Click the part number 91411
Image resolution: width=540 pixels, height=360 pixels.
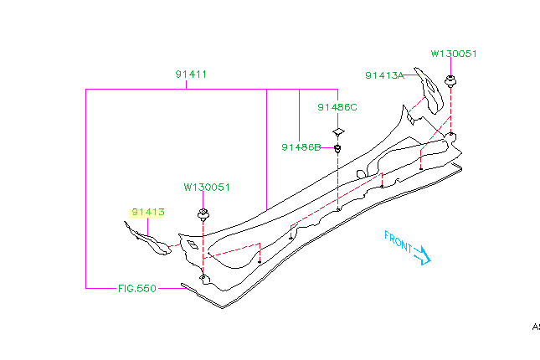click(191, 74)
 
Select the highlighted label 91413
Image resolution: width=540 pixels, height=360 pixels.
click(147, 213)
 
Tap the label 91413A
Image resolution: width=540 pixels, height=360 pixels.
click(384, 75)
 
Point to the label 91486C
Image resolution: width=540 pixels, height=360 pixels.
click(337, 107)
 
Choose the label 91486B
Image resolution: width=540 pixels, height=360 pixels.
click(301, 147)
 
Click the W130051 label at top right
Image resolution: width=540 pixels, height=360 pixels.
click(454, 53)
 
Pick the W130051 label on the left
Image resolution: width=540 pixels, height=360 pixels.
click(207, 188)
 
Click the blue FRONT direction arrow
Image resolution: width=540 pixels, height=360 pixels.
click(422, 254)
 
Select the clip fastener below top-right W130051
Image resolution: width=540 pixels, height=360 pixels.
click(451, 82)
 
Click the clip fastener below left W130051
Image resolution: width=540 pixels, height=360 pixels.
click(203, 213)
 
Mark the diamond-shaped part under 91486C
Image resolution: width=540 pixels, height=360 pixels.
click(337, 131)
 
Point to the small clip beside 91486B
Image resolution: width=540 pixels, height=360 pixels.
click(337, 149)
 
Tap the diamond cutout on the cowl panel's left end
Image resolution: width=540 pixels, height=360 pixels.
click(193, 244)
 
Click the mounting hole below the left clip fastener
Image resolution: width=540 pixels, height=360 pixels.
click(203, 276)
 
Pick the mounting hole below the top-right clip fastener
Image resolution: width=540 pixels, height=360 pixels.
click(450, 133)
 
